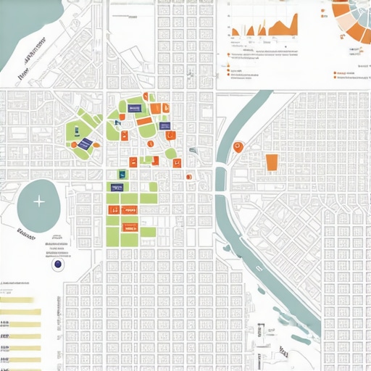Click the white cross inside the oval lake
(x=38, y=202)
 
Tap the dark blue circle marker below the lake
(x=57, y=265)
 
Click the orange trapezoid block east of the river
(x=272, y=162)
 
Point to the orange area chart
(x=264, y=29)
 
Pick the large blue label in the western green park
(x=86, y=143)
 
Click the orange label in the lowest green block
(x=130, y=224)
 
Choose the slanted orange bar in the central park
(x=143, y=121)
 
